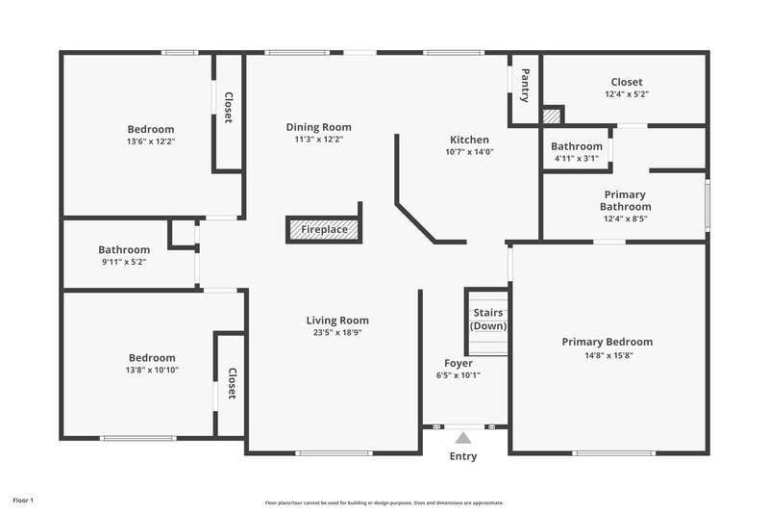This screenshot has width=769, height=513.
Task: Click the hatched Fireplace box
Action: pos(324,229)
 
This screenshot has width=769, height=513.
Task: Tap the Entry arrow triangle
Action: pos(463,438)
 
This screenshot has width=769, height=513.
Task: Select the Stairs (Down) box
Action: pos(487,320)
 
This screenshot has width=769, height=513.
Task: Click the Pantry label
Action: pos(525,85)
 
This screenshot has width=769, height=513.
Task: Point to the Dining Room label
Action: pos(318,127)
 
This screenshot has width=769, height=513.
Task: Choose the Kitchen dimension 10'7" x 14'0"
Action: pos(468,152)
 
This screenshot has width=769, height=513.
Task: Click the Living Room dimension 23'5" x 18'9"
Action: pos(337,333)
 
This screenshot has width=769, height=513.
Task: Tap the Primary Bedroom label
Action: pos(607,342)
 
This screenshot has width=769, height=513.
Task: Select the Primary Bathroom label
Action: pos(625,200)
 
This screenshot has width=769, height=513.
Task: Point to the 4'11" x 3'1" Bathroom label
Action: pos(576,146)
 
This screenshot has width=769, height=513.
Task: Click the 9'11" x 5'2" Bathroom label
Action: pos(124,249)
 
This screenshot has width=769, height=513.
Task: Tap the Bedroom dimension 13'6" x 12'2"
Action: pos(151,141)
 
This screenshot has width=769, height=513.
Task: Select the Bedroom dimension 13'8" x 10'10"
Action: pos(151,370)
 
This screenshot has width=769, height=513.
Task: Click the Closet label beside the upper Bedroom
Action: pos(229,108)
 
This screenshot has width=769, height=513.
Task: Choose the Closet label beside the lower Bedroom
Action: pos(232,385)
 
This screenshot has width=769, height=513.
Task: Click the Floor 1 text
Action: pos(23,500)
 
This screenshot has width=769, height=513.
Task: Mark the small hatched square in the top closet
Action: pos(551,115)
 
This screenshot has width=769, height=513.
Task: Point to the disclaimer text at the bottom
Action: pos(384,502)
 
